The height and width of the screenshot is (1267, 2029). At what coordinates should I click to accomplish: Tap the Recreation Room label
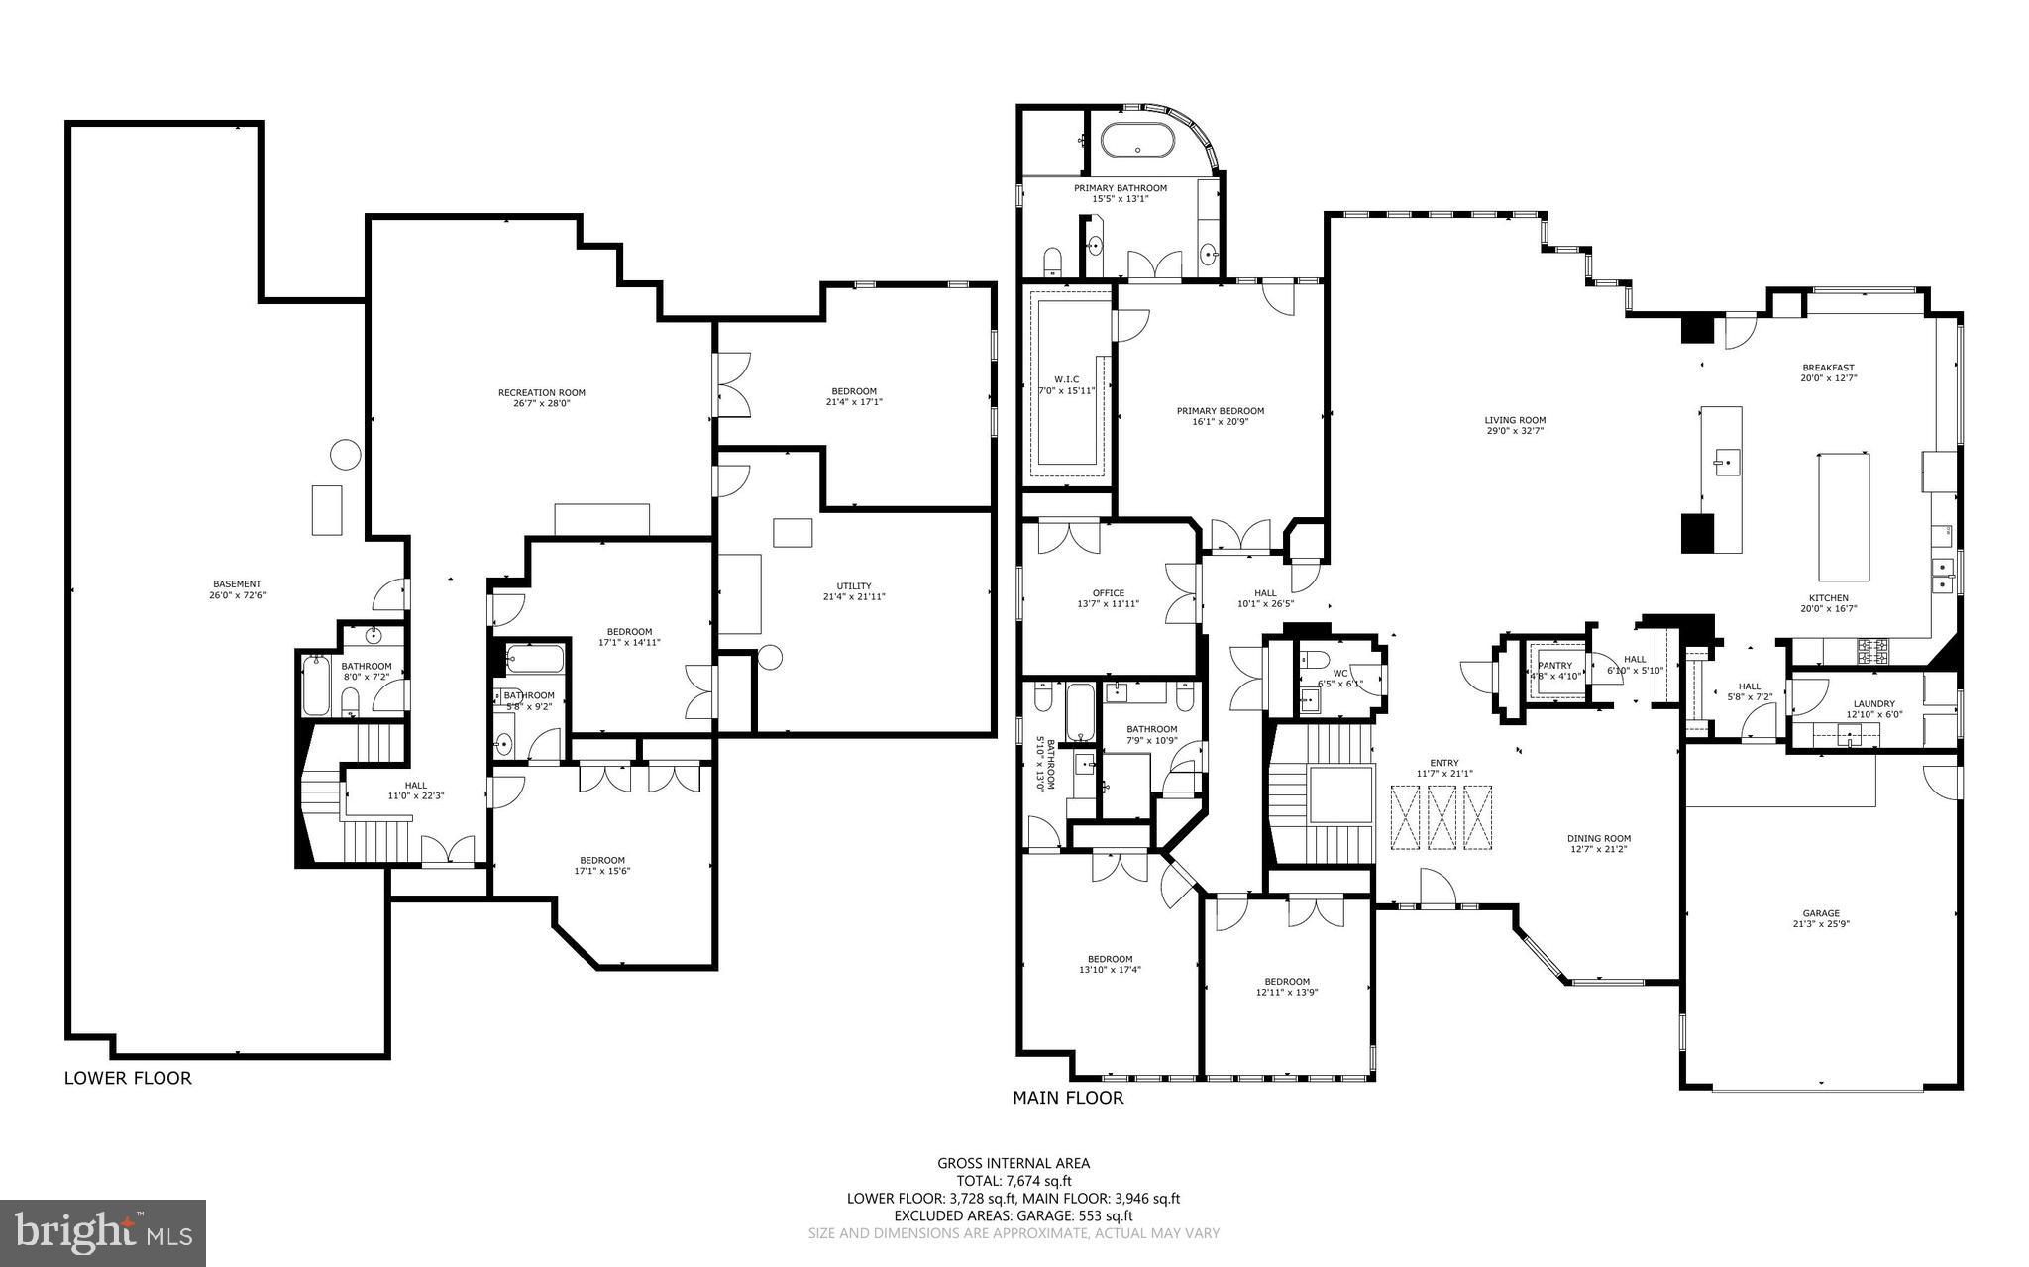coord(541,392)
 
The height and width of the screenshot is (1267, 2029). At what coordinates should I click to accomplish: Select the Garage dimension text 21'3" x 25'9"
coord(1821,924)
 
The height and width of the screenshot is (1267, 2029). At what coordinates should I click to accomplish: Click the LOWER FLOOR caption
coord(128,1078)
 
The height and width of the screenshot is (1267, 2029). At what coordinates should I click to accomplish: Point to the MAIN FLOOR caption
coord(1068,1098)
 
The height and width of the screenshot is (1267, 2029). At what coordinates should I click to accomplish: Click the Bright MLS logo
coord(103,1232)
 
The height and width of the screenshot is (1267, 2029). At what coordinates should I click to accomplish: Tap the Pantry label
coord(1554,666)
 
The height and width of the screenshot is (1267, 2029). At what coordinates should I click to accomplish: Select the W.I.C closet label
coord(1066,379)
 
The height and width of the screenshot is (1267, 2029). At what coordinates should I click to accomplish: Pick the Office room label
coord(1108,593)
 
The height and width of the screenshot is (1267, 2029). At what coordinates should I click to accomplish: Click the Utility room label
coord(853,585)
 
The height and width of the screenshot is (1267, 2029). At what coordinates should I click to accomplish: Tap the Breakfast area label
coord(1828,368)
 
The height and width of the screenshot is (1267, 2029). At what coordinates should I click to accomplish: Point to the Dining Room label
coord(1599,838)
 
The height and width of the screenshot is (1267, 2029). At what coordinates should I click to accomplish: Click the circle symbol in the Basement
coord(345,454)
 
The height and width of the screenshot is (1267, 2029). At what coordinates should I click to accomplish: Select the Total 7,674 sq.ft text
coord(1014,1181)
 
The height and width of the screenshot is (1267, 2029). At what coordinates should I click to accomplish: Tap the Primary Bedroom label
coord(1220,411)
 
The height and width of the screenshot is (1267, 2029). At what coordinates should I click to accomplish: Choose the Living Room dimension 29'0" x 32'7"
coord(1515,431)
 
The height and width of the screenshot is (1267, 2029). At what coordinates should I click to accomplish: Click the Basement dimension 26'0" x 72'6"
coord(237,595)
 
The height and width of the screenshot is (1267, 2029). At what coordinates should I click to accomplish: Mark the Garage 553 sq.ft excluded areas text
coord(1014,1216)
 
